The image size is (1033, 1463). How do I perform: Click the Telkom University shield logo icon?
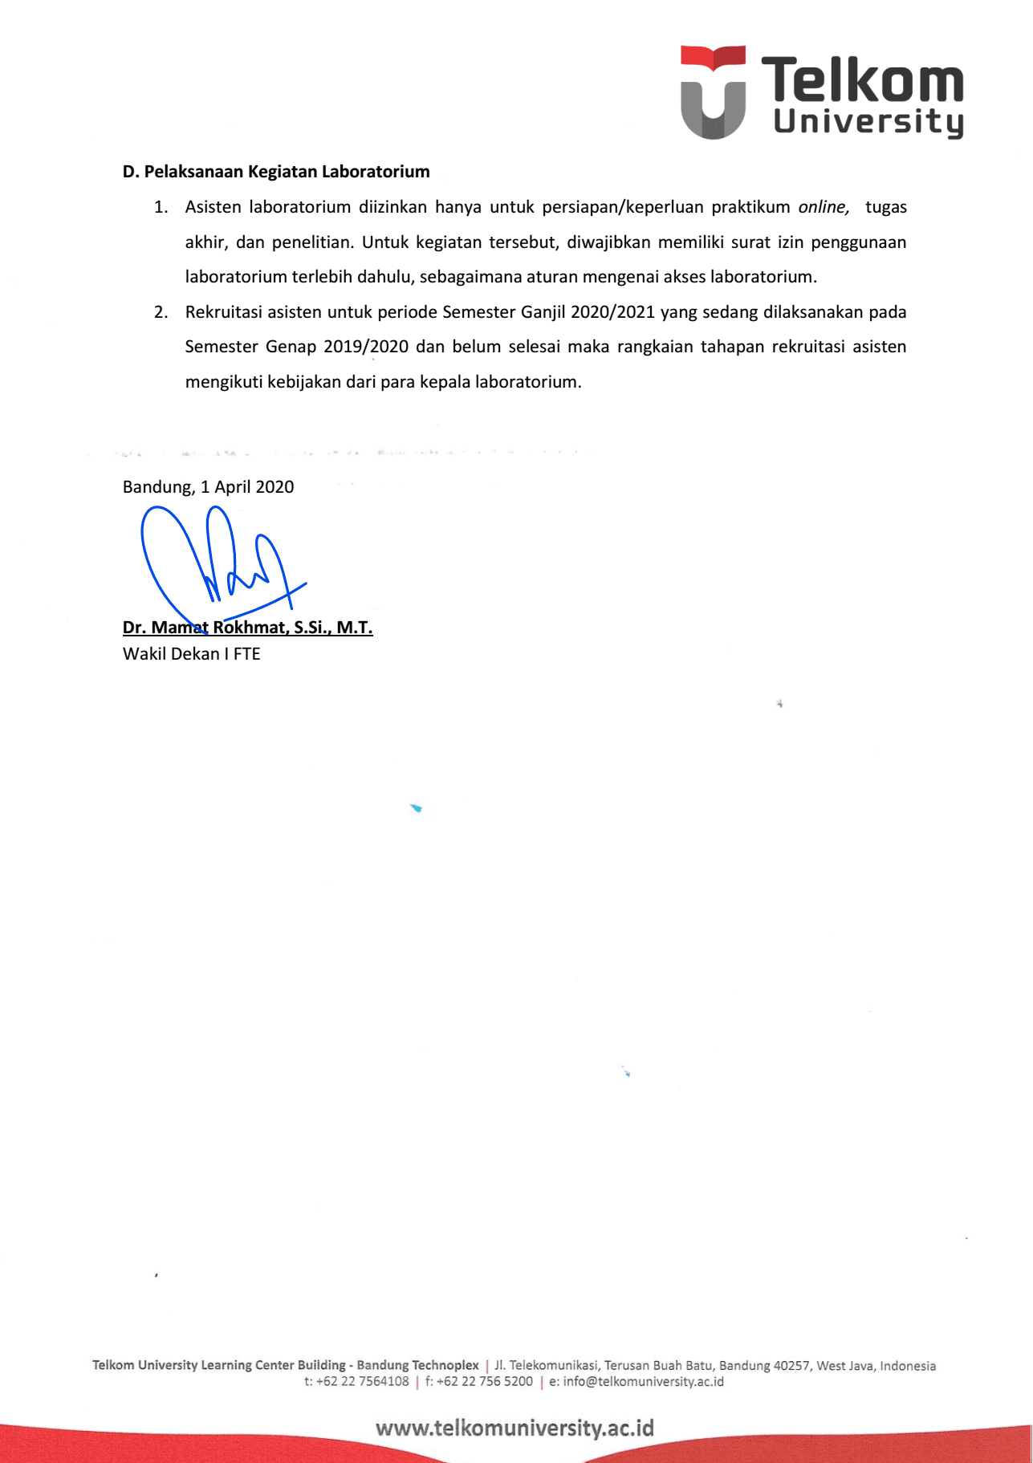713,92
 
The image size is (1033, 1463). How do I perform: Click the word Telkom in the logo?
862,80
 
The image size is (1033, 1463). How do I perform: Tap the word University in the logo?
868,122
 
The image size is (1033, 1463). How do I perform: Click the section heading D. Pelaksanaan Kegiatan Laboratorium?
276,172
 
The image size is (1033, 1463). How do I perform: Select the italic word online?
823,207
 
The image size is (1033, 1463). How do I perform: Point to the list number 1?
161,207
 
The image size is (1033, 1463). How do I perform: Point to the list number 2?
161,312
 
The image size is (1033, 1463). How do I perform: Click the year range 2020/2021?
612,312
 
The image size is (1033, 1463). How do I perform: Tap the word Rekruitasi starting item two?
224,312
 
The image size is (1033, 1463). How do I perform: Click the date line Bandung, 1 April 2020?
208,487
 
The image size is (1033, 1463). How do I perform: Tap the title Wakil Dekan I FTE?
191,654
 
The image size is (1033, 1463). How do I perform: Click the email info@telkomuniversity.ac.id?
643,1381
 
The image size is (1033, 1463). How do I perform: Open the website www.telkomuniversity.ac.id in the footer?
514,1428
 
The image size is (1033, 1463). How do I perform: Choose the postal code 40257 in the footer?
791,1365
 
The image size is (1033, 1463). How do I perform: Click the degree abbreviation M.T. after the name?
355,628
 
